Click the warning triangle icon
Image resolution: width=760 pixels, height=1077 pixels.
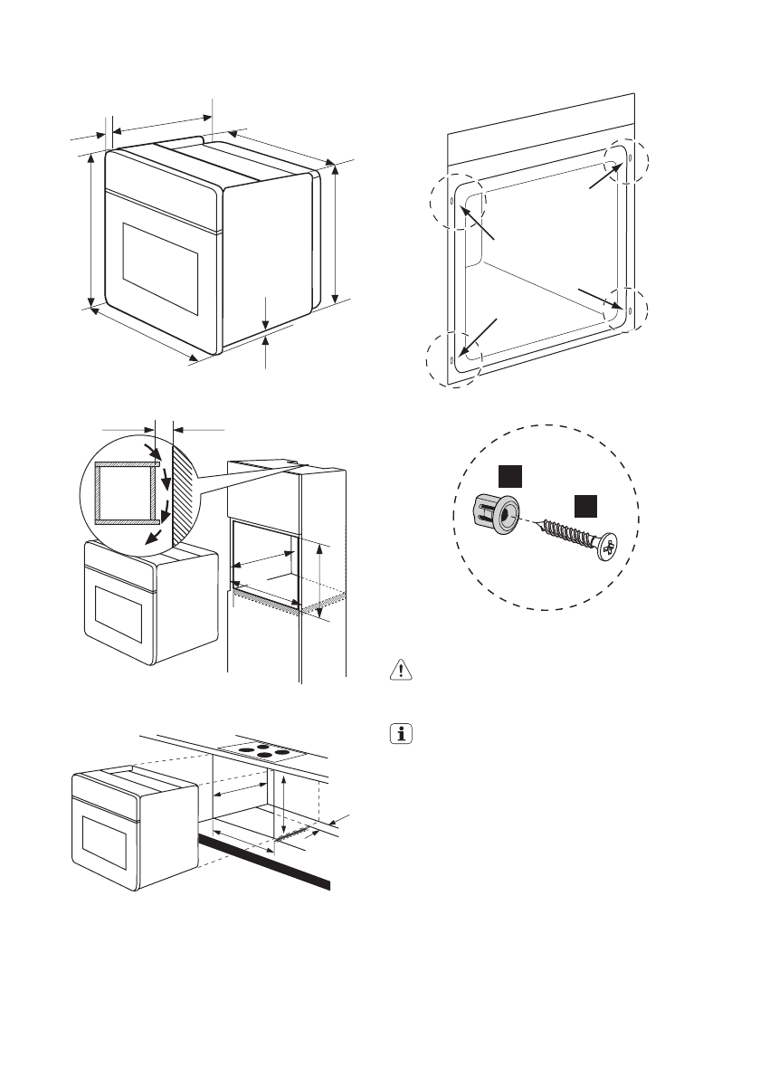(399, 671)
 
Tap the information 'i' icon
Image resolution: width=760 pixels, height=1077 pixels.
(399, 734)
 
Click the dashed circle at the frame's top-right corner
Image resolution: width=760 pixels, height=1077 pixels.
(628, 160)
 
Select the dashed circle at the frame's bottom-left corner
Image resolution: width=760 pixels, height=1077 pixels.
(453, 359)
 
